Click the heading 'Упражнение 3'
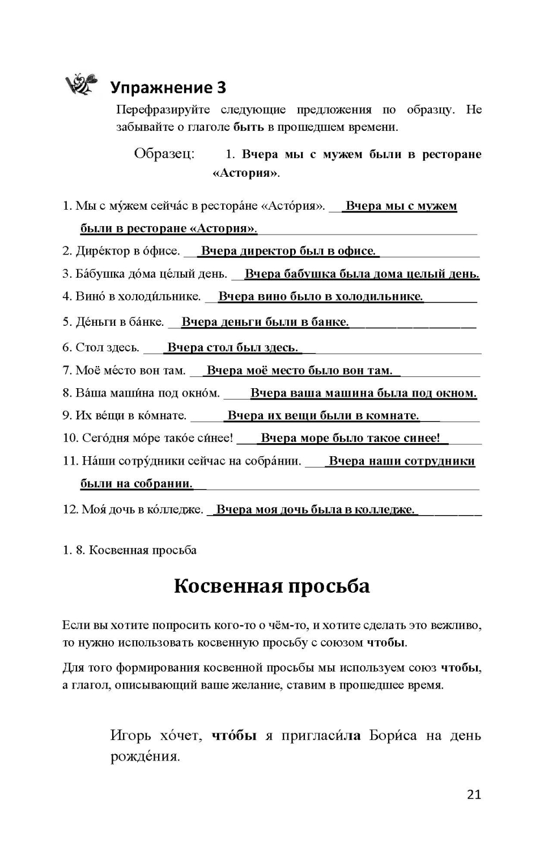168,87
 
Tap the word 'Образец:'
164,154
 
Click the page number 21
474,794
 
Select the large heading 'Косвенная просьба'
271,585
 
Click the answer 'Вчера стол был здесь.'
232,347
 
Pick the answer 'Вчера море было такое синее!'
350,438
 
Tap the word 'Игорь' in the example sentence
131,736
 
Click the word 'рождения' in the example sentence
144,756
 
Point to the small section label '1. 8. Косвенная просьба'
130,550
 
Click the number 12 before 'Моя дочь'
70,509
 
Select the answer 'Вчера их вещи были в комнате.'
323,415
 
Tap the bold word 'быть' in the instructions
249,127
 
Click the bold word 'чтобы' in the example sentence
234,736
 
